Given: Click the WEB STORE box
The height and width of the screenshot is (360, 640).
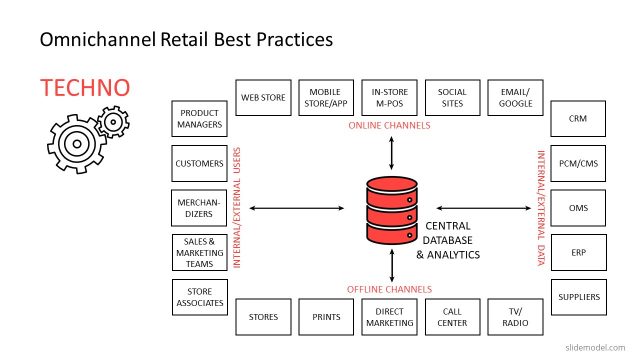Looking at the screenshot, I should [264, 98].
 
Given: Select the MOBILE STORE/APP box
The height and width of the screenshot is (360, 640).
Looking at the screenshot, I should [326, 98].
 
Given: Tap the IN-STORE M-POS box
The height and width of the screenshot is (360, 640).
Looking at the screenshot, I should [389, 98].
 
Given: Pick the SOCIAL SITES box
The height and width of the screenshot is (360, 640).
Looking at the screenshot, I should [452, 98].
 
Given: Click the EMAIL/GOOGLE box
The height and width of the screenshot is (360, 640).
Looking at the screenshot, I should [515, 98].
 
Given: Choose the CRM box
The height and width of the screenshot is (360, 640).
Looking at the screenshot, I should [577, 118].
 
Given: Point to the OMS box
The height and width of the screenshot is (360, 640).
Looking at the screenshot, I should [577, 208].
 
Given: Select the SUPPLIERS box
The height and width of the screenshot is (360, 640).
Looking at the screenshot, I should [577, 297].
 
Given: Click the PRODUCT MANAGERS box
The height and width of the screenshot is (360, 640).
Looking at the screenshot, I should [199, 119].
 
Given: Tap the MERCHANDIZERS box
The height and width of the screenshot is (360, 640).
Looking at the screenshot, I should [199, 208].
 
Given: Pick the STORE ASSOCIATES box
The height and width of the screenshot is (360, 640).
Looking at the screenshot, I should [199, 297].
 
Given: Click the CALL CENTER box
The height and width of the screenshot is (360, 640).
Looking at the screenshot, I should [452, 317].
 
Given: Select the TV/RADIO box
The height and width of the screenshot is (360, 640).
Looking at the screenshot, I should [515, 317].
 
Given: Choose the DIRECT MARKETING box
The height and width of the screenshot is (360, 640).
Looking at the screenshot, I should [389, 317].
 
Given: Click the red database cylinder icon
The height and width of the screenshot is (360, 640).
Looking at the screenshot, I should [390, 210].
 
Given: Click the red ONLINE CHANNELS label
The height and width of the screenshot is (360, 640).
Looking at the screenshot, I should [389, 126].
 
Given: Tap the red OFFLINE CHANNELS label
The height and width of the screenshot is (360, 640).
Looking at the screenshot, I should [389, 289].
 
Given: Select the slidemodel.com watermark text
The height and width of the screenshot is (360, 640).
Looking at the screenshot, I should [599, 346].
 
